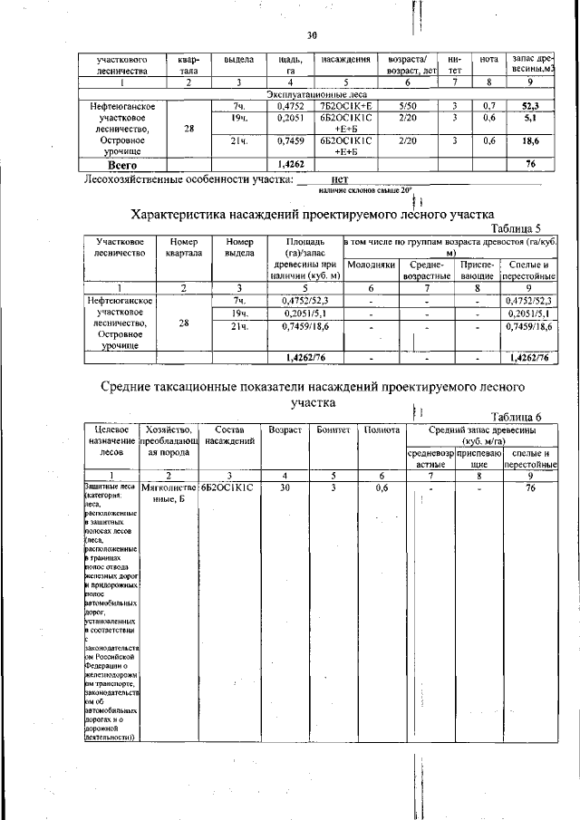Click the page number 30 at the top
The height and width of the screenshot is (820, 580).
[312, 36]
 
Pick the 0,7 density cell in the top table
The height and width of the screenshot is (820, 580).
[488, 106]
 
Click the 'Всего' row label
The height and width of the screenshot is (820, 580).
[122, 166]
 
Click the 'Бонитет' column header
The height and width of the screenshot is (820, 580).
[333, 429]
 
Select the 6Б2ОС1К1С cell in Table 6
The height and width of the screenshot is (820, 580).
[227, 487]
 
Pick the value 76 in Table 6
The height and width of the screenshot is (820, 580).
[531, 487]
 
